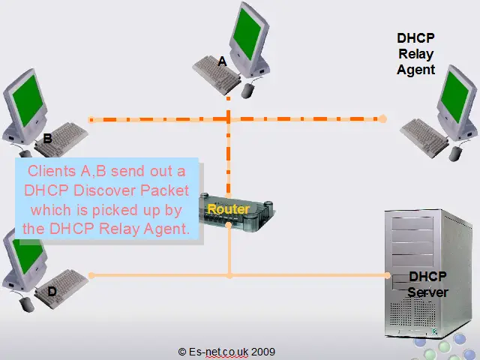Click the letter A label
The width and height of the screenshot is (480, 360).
point(222,63)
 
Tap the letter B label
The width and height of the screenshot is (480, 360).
point(47,139)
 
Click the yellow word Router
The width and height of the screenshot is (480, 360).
point(228,209)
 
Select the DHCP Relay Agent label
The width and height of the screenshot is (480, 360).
point(416,53)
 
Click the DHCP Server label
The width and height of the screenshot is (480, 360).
point(427,284)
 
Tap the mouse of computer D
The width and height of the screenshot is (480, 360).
point(27,304)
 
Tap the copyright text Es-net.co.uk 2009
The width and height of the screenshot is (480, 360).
point(226,351)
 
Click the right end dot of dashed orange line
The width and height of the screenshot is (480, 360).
point(382,118)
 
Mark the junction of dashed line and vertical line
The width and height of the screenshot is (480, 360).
point(229,118)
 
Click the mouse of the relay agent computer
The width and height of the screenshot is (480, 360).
point(454,155)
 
